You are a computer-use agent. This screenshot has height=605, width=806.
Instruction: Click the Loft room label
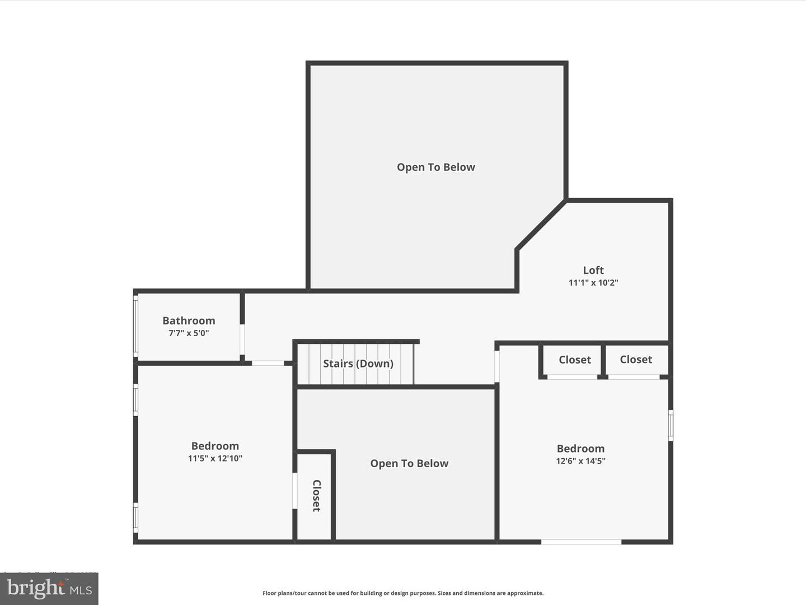[593, 270]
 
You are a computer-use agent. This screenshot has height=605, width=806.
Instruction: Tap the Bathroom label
[189, 320]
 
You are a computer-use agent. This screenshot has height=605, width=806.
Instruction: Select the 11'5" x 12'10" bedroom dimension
[215, 458]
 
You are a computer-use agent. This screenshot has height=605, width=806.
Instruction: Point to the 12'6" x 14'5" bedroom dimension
[580, 461]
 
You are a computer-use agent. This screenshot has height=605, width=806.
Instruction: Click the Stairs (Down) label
[358, 364]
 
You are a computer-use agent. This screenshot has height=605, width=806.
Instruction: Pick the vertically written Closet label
[316, 495]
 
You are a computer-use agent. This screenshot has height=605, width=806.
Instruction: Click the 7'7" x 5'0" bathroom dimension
[189, 333]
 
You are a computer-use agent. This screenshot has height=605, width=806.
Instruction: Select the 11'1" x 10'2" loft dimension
[593, 283]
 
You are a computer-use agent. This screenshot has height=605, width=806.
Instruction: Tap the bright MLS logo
[49, 588]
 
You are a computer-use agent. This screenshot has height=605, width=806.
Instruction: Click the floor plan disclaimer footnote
[403, 593]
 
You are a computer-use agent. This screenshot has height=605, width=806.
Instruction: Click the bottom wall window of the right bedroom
[581, 542]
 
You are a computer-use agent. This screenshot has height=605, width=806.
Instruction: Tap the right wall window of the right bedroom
[671, 425]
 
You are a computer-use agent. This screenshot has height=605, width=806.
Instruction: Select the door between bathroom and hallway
[242, 339]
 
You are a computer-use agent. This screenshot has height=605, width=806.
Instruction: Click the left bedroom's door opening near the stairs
[268, 364]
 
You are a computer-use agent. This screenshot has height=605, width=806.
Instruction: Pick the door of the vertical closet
[295, 491]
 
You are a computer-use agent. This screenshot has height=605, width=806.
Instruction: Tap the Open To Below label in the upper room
[435, 167]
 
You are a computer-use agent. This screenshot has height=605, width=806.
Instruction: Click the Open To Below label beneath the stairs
[409, 463]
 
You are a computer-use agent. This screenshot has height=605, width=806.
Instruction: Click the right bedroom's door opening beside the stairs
[497, 366]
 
